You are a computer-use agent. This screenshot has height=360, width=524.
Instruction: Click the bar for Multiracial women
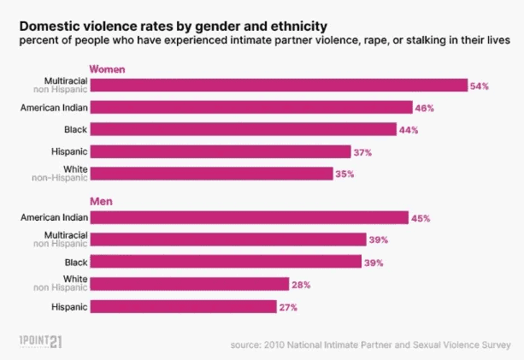click(278, 85)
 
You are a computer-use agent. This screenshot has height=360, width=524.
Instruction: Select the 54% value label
click(480, 86)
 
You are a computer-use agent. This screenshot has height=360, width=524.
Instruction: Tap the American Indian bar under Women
click(251, 107)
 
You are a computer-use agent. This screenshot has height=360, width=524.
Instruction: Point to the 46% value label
click(425, 108)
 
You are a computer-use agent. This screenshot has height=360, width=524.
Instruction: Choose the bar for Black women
click(243, 129)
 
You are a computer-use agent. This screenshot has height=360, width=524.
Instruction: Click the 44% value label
click(409, 130)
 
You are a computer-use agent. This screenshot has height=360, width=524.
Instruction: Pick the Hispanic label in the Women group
click(68, 151)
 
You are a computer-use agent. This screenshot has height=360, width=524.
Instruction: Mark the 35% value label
click(345, 174)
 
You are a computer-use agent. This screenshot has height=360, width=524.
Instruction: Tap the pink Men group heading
click(102, 202)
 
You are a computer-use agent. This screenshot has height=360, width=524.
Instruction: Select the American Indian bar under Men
click(249, 217)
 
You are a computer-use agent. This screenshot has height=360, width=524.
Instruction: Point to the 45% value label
click(420, 218)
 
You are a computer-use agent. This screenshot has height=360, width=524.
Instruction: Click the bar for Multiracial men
click(227, 239)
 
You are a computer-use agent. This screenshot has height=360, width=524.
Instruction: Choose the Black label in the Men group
click(75, 262)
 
